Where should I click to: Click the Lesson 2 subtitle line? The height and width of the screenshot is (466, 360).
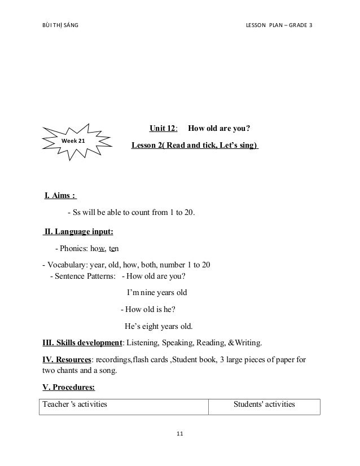click(195, 145)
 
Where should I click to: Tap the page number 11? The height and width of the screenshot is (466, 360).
click(180, 433)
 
